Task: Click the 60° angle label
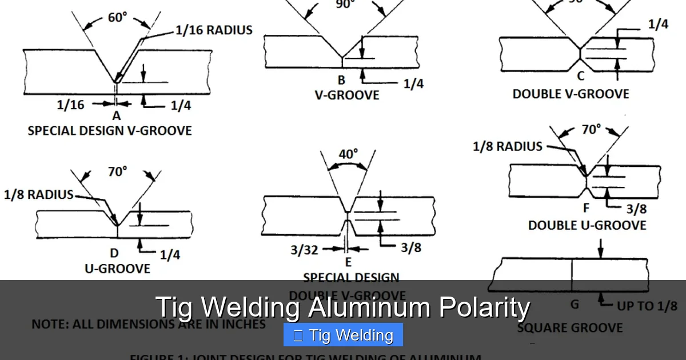coord(117,18)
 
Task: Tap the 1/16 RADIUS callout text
coord(213,30)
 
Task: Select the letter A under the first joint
coord(117,116)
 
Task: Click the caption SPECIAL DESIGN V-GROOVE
coord(110,131)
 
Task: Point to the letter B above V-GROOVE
coord(341,81)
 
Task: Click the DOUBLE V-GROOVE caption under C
coord(571,94)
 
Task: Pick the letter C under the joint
coord(581,76)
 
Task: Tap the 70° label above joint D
coord(117,171)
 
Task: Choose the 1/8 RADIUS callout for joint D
coord(39,194)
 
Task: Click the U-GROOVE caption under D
coord(117,269)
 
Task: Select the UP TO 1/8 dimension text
coord(646,306)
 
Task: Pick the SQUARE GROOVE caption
coord(570,328)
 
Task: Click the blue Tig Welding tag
coord(343,335)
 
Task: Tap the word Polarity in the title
coord(484,307)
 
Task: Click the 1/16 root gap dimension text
coord(71,105)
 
